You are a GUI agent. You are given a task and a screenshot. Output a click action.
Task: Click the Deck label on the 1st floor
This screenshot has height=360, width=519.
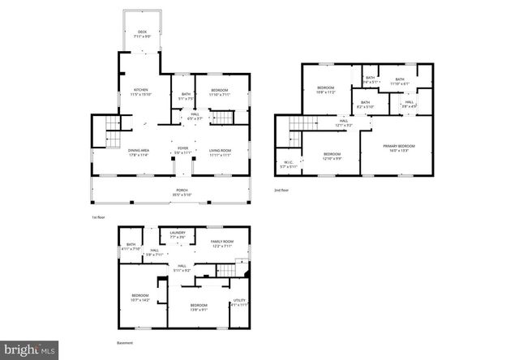(x=142, y=33)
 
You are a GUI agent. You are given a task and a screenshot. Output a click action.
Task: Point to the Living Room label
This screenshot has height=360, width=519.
(x=220, y=152)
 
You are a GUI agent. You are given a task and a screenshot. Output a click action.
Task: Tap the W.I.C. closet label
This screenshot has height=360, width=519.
(x=289, y=165)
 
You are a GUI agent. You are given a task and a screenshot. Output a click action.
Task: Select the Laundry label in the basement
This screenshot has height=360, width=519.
(x=178, y=235)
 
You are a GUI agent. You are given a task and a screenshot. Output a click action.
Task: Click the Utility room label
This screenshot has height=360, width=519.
(x=238, y=302)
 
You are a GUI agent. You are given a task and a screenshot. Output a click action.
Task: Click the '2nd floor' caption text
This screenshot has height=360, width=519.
(x=282, y=191)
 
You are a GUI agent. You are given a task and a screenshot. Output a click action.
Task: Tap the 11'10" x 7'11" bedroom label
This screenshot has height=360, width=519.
(x=220, y=92)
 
